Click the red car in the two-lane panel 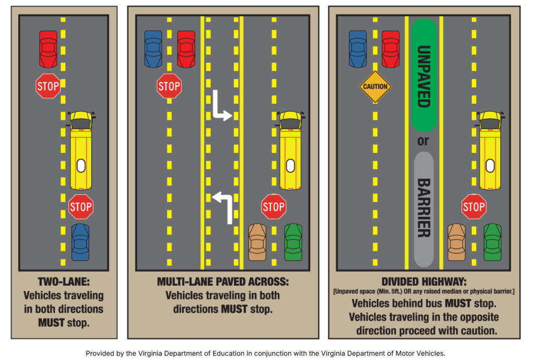click(x=48, y=48)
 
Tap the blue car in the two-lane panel click(x=81, y=242)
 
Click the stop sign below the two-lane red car click(x=48, y=86)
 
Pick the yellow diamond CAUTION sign click(x=375, y=86)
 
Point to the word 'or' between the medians click(x=424, y=141)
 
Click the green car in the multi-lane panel click(x=293, y=242)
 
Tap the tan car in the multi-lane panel click(x=257, y=242)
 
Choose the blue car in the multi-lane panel click(x=153, y=49)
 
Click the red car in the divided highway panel click(x=391, y=49)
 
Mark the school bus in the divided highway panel click(x=489, y=151)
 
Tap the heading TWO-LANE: click(x=64, y=282)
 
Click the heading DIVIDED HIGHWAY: click(x=424, y=281)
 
